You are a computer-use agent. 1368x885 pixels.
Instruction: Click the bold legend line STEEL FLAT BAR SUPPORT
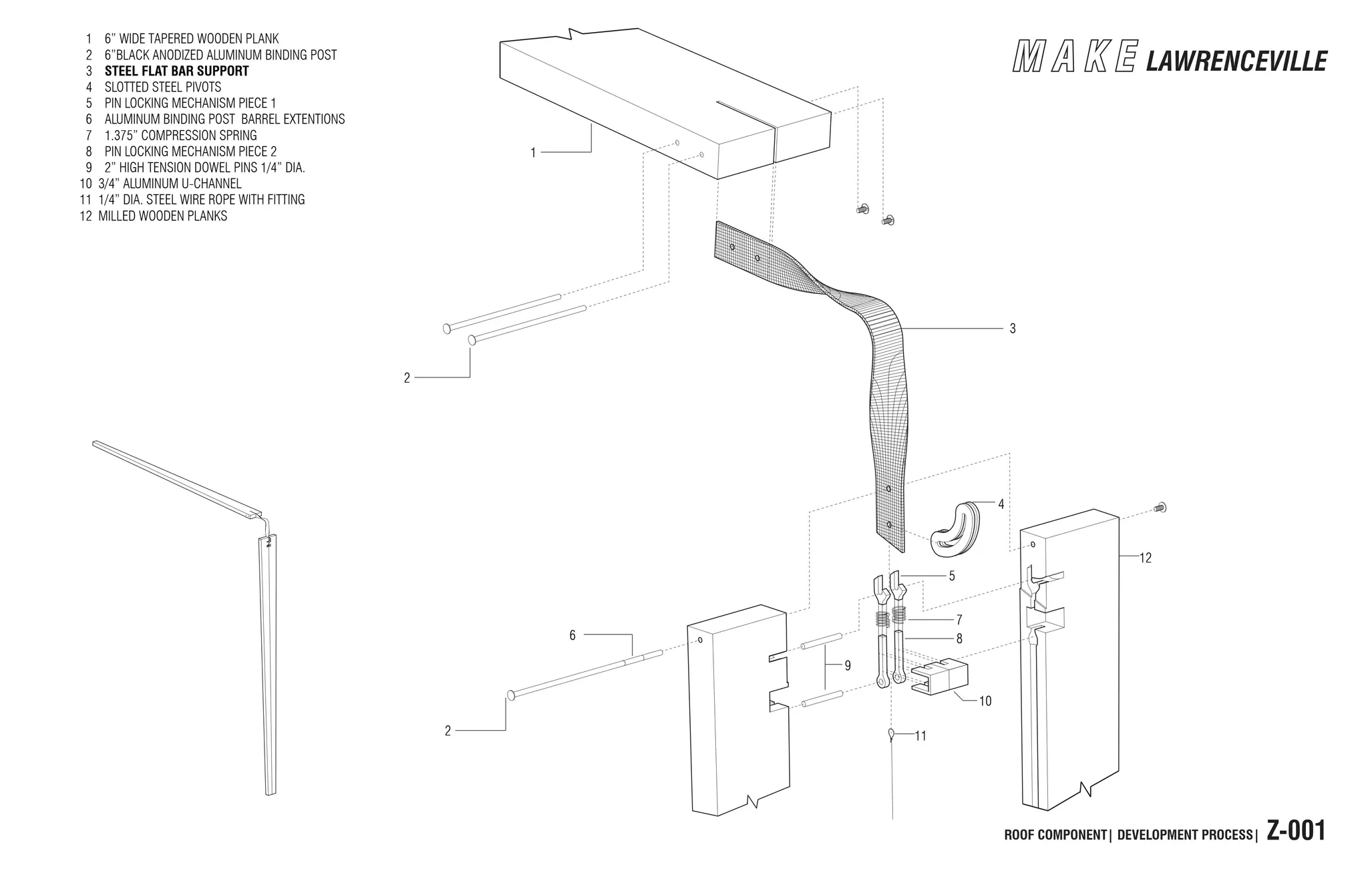tap(176, 71)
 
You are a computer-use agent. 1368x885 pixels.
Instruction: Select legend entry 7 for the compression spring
tap(180, 135)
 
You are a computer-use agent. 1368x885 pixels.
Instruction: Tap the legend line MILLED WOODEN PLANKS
tap(162, 216)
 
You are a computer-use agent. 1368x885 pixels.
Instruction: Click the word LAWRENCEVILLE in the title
tap(1236, 61)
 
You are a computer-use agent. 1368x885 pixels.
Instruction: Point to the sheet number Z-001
tap(1295, 832)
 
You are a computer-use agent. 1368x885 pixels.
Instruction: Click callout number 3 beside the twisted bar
tap(1013, 329)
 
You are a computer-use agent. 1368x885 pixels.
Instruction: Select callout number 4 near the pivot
tap(1001, 505)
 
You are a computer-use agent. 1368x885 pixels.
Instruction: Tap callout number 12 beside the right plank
tap(1146, 558)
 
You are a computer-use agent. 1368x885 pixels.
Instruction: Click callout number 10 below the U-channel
tap(985, 701)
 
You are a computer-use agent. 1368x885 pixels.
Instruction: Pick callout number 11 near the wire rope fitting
tap(920, 736)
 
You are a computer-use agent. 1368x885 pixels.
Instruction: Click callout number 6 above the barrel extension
tap(572, 635)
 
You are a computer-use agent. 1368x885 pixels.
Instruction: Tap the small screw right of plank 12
tap(1160, 508)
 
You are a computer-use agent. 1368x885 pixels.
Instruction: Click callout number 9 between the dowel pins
tap(848, 666)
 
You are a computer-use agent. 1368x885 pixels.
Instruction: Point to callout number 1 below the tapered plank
tap(533, 153)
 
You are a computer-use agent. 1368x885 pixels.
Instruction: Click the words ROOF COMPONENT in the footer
tap(1055, 835)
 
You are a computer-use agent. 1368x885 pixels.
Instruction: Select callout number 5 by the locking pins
tap(952, 576)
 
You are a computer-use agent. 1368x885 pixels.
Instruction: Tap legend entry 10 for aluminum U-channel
tap(170, 183)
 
